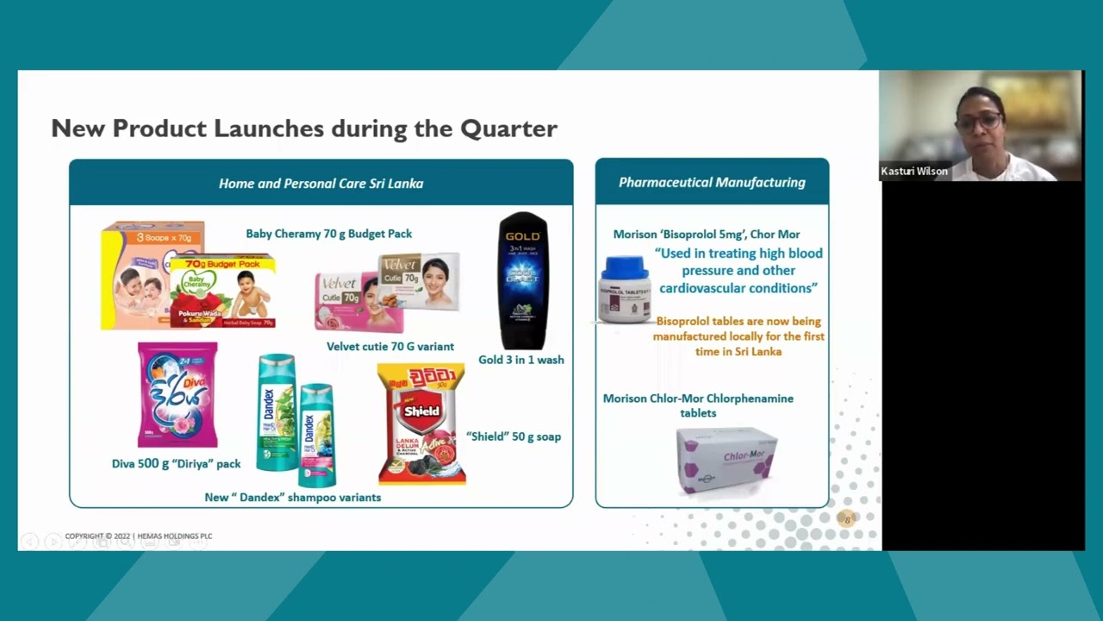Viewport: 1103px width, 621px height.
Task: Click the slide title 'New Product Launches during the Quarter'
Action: [x=304, y=129]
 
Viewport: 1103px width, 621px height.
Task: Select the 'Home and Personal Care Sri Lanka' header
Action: [x=321, y=183]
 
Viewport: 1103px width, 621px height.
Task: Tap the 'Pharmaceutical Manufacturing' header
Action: [x=712, y=182]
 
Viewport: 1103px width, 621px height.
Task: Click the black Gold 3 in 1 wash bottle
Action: [x=523, y=280]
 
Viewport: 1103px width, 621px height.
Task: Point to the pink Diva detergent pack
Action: [x=178, y=394]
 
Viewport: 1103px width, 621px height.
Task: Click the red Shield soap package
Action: [x=421, y=423]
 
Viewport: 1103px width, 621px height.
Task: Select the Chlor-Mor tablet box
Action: [x=726, y=459]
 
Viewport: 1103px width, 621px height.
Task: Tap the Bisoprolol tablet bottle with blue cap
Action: [x=625, y=290]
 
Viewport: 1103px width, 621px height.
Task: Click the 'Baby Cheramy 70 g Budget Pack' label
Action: [x=328, y=234]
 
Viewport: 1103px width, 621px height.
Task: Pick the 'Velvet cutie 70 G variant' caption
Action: [x=389, y=347]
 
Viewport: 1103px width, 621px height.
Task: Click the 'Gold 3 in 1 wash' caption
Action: [x=521, y=360]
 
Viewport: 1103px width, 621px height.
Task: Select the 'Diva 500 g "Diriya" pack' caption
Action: [x=176, y=464]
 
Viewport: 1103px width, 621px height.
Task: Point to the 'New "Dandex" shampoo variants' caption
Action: [x=292, y=498]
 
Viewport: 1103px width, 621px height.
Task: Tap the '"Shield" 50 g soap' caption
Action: [x=513, y=436]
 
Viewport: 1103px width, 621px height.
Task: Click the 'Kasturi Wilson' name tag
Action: [x=914, y=172]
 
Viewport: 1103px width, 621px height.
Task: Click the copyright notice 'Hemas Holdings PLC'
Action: [x=139, y=536]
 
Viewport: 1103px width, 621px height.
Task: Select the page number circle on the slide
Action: [x=847, y=519]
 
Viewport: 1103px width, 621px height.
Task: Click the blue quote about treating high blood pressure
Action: [x=738, y=271]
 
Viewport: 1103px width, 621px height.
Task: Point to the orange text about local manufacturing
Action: [x=738, y=336]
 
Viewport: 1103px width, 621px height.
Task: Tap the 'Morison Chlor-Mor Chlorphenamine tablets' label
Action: [x=698, y=405]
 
